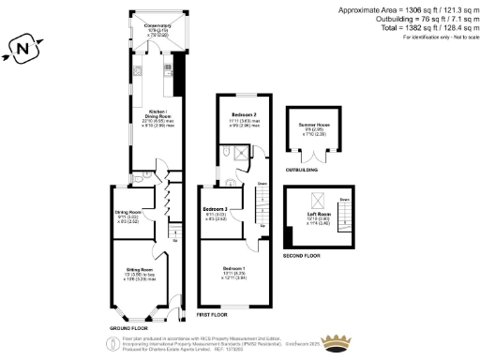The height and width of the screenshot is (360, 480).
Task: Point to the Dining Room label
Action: [x=128, y=213]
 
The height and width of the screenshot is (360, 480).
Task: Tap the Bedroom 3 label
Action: [x=217, y=209]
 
